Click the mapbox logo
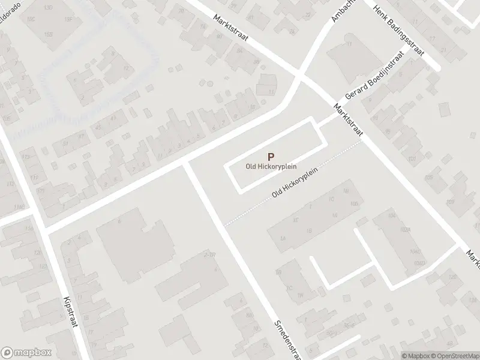(x=26, y=352)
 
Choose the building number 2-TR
(x=209, y=255)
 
